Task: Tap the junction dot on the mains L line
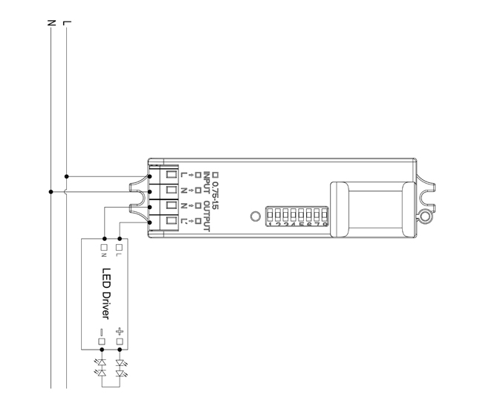coord(67,176)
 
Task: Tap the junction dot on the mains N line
coord(51,191)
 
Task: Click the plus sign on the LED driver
coord(118,332)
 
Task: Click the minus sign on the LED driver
coord(102,332)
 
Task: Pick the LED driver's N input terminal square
coord(102,246)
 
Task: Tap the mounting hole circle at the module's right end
coord(424,217)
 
